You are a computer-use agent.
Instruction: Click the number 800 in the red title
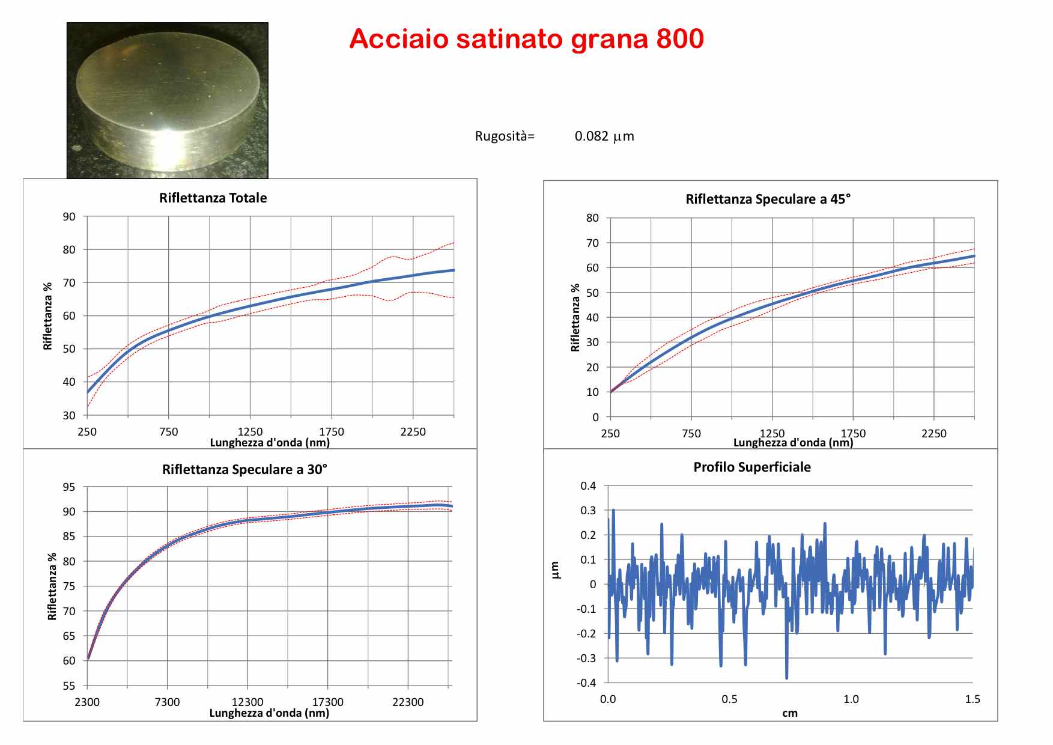click(x=680, y=39)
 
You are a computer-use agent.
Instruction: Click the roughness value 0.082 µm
click(x=604, y=136)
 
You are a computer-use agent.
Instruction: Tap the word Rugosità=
click(x=505, y=136)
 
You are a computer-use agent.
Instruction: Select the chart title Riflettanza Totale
click(x=213, y=198)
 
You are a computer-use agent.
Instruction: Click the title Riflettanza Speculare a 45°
click(x=768, y=199)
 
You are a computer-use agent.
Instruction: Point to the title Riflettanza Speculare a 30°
click(x=244, y=470)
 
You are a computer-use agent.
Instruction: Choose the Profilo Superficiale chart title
click(x=752, y=467)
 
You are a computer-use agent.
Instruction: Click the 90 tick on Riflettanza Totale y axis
click(x=69, y=217)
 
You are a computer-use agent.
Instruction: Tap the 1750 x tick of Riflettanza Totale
click(x=331, y=432)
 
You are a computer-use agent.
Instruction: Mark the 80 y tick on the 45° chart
click(x=592, y=218)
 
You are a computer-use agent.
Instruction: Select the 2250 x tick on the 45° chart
click(x=933, y=434)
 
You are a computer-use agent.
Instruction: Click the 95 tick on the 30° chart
click(x=69, y=487)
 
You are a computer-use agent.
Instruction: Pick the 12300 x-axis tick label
click(x=247, y=702)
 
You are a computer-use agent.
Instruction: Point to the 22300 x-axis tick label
click(x=408, y=702)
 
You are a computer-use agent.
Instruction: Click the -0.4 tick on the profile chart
click(x=586, y=683)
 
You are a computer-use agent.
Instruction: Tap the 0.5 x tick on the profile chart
click(x=729, y=699)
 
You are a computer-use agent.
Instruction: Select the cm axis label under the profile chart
click(x=790, y=713)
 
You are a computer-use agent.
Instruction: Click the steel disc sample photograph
click(x=167, y=100)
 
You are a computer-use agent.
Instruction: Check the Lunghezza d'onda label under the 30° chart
click(x=269, y=713)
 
